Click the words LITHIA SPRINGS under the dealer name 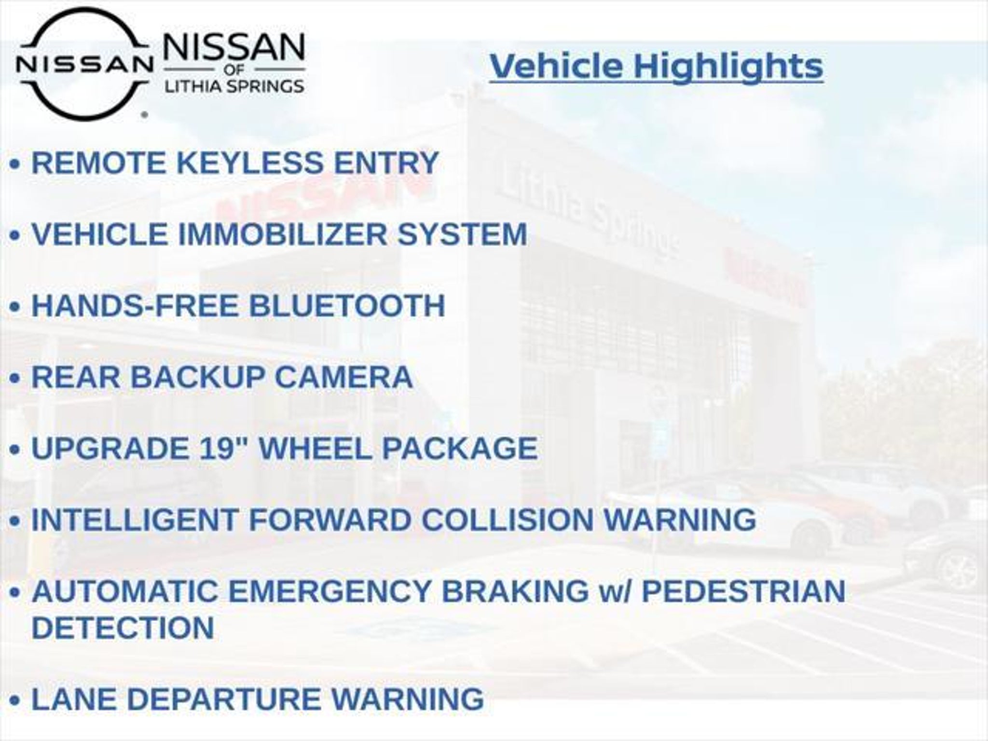coord(234,86)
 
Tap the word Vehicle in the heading coord(556,66)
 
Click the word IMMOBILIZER coord(283,234)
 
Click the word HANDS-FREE coord(135,305)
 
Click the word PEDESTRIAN coord(743,591)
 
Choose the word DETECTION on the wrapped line coord(123,627)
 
